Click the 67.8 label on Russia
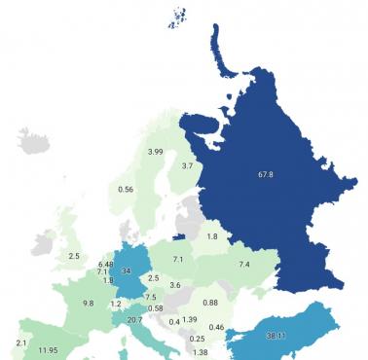(x=265, y=175)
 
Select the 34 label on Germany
(x=127, y=271)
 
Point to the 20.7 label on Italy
(x=134, y=320)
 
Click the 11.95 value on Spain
(x=46, y=349)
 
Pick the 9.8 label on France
(x=88, y=303)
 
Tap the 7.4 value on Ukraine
(x=244, y=265)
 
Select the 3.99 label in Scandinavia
(x=155, y=152)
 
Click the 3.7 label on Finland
(x=189, y=166)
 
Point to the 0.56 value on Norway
(x=126, y=189)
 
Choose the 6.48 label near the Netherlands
(x=105, y=264)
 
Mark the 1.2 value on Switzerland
(x=116, y=304)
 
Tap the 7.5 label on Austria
(x=151, y=297)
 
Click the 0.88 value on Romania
(x=210, y=302)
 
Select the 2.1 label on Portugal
(x=21, y=342)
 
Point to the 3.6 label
(x=175, y=285)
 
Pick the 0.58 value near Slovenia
(x=155, y=308)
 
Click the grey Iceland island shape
(x=32, y=142)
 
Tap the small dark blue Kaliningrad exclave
(x=178, y=235)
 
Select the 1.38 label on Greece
(x=200, y=352)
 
